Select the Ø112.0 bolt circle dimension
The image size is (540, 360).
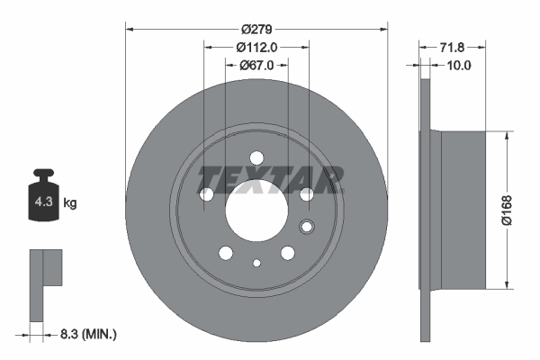pyautogui.click(x=256, y=47)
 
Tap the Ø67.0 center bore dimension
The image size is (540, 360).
pyautogui.click(x=256, y=65)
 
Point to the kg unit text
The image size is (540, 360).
pyautogui.click(x=70, y=203)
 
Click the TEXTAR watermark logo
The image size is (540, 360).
pyautogui.click(x=270, y=179)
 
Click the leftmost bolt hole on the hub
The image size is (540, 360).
pyautogui.click(x=205, y=194)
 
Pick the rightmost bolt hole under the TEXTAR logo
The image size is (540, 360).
pyautogui.click(x=306, y=194)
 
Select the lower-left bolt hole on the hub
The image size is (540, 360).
pyautogui.click(x=225, y=254)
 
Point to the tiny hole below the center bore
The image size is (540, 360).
pyautogui.click(x=256, y=263)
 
